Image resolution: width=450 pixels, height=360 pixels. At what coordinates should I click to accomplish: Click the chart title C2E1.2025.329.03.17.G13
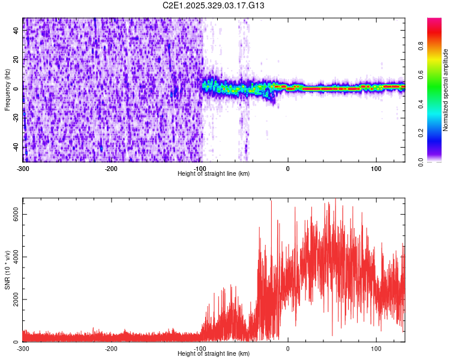point(214,5)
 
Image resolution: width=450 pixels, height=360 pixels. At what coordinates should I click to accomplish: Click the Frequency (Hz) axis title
point(7,90)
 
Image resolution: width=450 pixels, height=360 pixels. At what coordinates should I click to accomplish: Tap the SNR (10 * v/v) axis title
point(7,270)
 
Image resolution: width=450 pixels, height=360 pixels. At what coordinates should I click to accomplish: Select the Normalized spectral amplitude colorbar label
point(446,90)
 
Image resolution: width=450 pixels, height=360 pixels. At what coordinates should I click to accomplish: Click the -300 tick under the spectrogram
point(23,167)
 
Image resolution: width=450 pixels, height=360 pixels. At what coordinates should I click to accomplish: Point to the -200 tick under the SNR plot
point(111,348)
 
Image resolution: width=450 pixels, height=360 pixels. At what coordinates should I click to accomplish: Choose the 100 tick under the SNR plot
point(376,348)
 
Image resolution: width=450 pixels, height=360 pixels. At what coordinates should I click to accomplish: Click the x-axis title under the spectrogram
point(214,173)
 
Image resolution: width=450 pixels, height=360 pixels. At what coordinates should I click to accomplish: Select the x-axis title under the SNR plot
point(214,353)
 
